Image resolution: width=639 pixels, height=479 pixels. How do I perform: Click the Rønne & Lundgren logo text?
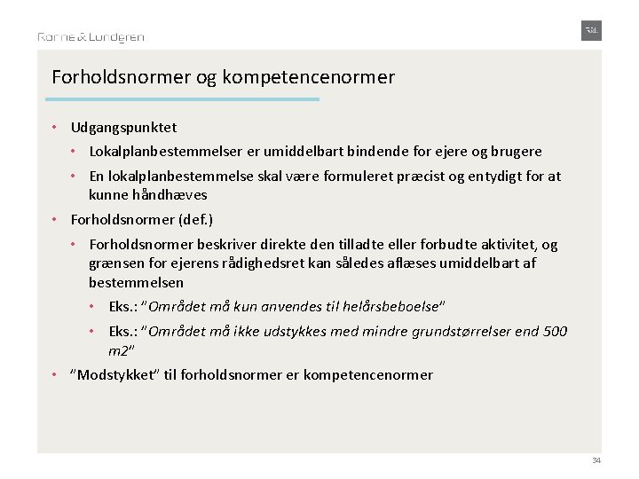91,37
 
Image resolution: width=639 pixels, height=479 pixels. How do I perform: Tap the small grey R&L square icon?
591,30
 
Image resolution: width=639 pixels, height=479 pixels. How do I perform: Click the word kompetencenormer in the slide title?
308,77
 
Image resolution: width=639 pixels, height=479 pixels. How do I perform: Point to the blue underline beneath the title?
185,99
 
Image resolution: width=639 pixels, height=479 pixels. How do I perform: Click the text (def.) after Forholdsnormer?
196,219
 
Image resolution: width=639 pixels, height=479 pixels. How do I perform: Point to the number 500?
554,332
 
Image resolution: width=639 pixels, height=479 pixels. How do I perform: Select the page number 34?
596,460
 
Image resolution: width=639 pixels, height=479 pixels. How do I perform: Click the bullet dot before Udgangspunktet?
55,128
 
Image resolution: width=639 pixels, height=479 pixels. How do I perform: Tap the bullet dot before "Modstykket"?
55,374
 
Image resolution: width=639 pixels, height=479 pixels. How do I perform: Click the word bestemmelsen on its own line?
136,283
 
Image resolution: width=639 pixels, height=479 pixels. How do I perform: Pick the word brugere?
514,152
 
